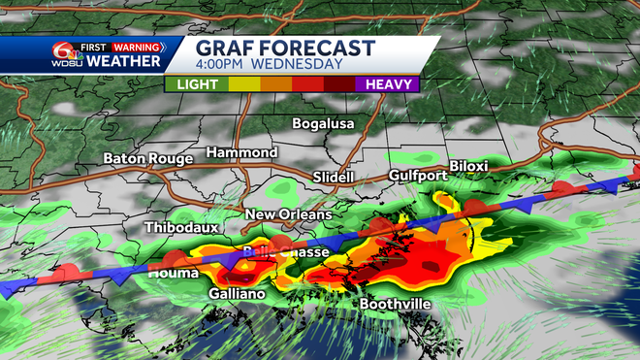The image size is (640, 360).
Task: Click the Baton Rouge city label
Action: click(x=145, y=158)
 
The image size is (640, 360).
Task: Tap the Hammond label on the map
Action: click(x=241, y=153)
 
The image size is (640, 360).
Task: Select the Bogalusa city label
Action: click(x=324, y=124)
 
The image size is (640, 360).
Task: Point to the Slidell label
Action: click(x=334, y=177)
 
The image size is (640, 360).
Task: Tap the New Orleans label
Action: click(x=288, y=214)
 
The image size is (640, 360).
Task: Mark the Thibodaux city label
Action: click(x=182, y=227)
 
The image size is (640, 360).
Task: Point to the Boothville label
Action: click(x=398, y=304)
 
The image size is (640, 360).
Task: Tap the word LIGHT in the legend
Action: click(x=197, y=84)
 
